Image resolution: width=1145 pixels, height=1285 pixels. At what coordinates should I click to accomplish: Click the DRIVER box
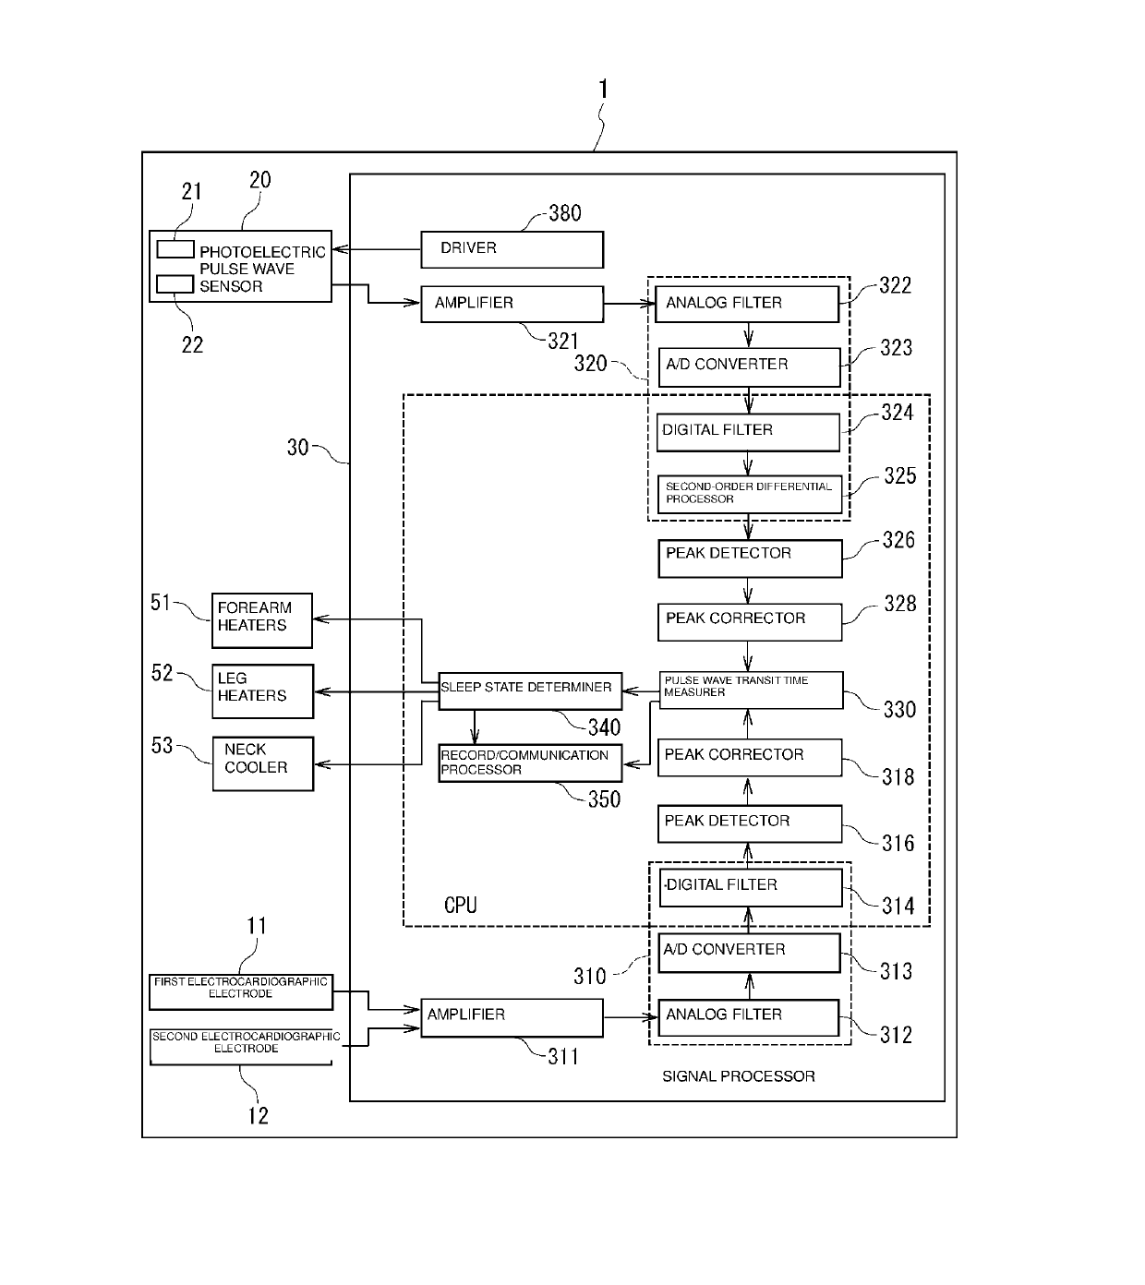click(512, 249)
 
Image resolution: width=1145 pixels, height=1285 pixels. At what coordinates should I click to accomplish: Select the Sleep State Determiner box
click(530, 691)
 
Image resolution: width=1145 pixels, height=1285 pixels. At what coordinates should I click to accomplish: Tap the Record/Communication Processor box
click(530, 763)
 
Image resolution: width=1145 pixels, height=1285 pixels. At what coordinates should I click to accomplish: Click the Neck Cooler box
click(262, 763)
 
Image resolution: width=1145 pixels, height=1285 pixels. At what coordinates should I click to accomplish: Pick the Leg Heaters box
click(262, 691)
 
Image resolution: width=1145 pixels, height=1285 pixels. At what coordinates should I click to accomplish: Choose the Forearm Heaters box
click(262, 620)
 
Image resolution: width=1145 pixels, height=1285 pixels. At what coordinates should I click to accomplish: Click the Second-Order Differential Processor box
click(749, 494)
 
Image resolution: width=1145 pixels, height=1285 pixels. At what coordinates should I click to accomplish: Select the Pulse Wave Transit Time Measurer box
click(751, 691)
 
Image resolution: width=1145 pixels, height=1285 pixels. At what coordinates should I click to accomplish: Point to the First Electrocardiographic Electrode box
click(241, 992)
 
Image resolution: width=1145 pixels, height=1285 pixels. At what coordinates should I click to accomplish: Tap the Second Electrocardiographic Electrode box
click(241, 1047)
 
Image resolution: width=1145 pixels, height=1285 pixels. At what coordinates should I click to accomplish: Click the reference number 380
click(564, 213)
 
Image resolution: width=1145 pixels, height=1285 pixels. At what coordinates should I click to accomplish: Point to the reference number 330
click(899, 710)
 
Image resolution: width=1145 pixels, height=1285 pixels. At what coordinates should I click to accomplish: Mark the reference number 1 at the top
click(603, 89)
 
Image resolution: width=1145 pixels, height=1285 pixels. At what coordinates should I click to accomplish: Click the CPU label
click(460, 905)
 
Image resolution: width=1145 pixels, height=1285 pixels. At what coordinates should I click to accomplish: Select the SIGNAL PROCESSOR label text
click(739, 1076)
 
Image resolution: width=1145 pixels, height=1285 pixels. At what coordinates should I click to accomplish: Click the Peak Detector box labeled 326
click(750, 558)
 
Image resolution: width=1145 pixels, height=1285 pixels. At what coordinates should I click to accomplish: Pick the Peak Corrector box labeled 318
click(749, 757)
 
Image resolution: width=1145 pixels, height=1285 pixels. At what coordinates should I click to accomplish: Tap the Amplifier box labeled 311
click(512, 1018)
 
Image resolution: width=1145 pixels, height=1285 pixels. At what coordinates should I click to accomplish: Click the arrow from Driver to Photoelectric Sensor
click(377, 249)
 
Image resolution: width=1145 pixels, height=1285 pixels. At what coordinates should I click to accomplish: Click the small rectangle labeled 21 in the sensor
click(175, 249)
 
